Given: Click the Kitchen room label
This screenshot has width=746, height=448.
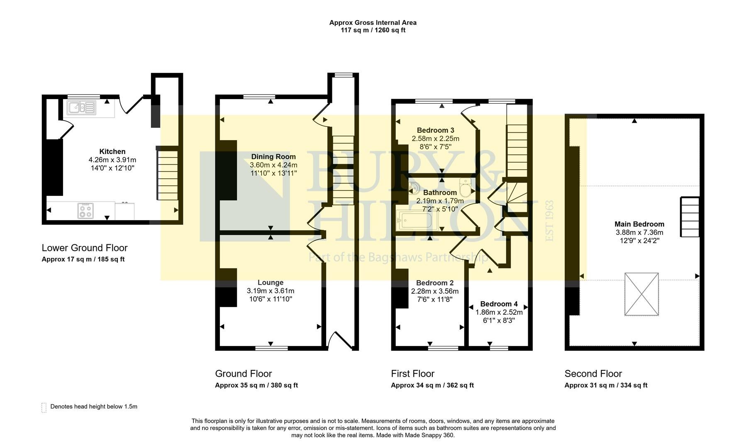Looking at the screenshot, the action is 112,151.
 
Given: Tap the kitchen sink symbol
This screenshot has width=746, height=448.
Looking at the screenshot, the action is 82,108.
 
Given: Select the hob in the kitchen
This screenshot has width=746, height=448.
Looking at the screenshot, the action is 85,211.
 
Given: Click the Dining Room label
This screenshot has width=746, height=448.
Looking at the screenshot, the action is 273,156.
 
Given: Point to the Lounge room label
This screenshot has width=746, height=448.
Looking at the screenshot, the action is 271,282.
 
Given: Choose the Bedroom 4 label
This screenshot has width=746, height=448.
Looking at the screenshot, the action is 499,304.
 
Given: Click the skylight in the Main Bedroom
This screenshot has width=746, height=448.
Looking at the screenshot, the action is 641,294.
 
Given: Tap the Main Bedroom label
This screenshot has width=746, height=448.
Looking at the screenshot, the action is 639,224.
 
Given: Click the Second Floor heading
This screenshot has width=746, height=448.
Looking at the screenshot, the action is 593,373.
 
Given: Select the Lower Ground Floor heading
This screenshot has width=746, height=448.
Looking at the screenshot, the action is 85,248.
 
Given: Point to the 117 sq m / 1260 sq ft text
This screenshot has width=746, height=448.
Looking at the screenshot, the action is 373,30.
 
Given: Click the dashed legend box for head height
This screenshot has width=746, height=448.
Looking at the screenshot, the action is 44,407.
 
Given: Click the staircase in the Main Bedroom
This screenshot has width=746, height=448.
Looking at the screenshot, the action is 690,217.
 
